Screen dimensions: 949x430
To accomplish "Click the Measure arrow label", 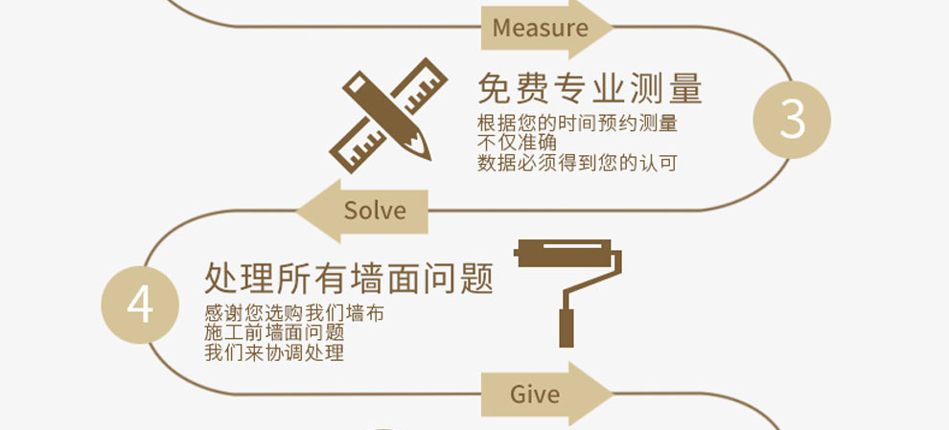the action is (541, 29).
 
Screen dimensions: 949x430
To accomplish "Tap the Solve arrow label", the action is (375, 211).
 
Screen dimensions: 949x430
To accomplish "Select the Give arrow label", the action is (535, 394).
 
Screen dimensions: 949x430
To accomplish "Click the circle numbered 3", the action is (792, 120).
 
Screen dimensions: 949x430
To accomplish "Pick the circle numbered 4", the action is (140, 306).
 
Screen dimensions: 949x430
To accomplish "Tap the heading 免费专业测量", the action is (590, 89).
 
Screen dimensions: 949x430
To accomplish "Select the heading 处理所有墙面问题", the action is (349, 279).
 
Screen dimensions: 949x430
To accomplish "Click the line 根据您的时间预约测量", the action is (577, 124).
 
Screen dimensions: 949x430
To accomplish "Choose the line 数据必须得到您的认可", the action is (577, 163).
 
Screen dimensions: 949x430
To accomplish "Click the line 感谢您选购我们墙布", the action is (294, 313).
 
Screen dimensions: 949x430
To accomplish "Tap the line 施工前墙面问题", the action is (274, 332).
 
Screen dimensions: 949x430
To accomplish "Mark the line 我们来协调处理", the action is (274, 352).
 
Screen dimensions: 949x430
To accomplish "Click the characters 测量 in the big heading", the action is (665, 89).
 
